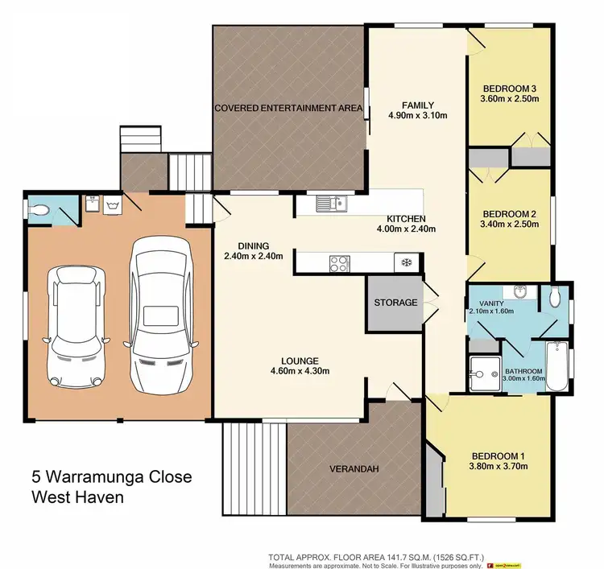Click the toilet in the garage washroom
click(39, 209)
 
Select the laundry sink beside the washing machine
click(91, 205)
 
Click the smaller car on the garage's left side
click(76, 324)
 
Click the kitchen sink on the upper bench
click(329, 204)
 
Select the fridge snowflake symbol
click(406, 262)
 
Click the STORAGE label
click(395, 303)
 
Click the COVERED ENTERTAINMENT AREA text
click(288, 108)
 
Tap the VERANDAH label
click(354, 468)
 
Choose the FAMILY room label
click(418, 105)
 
